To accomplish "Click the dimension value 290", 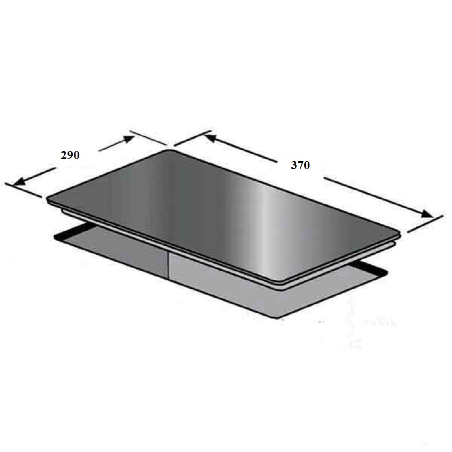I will pyautogui.click(x=70, y=155).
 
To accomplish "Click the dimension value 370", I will pyautogui.click(x=300, y=165).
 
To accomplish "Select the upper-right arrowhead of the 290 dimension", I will pyautogui.click(x=129, y=139).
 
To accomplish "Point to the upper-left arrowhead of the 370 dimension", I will pyautogui.click(x=208, y=138).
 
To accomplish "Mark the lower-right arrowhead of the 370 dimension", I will pyautogui.click(x=428, y=215).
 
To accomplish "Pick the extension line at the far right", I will pyautogui.click(x=425, y=224).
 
